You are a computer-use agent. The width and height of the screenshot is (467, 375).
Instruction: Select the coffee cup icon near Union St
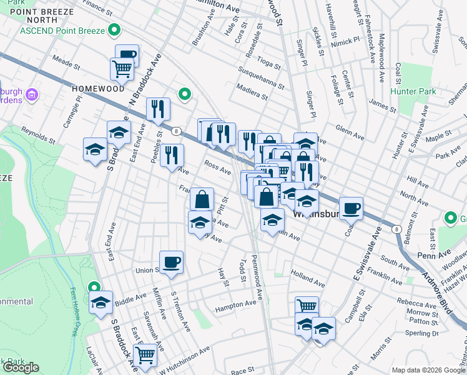pyautogui.click(x=171, y=261)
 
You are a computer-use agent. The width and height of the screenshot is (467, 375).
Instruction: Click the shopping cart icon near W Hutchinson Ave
pyautogui.click(x=145, y=354)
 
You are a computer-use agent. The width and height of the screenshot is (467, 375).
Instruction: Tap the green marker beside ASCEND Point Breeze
pyautogui.click(x=114, y=29)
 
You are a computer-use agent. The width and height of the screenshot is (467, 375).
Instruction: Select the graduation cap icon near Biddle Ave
pyautogui.click(x=100, y=302)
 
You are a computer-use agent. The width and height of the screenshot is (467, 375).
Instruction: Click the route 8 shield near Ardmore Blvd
pyautogui.click(x=396, y=229)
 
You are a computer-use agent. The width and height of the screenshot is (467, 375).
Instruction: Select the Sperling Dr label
pyautogui.click(x=422, y=333)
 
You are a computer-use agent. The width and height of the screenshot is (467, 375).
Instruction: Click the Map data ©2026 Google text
pyautogui.click(x=428, y=369)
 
